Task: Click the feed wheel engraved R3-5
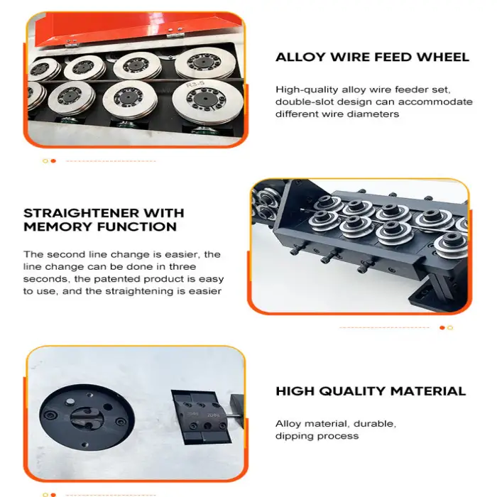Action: [207, 102]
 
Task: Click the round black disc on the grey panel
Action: [87, 417]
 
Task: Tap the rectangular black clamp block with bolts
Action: [202, 417]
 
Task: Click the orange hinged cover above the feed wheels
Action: [138, 29]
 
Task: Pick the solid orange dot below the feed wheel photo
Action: [53, 161]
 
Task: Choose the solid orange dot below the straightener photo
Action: [442, 328]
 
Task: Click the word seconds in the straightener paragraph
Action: [41, 279]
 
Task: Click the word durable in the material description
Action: [375, 424]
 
